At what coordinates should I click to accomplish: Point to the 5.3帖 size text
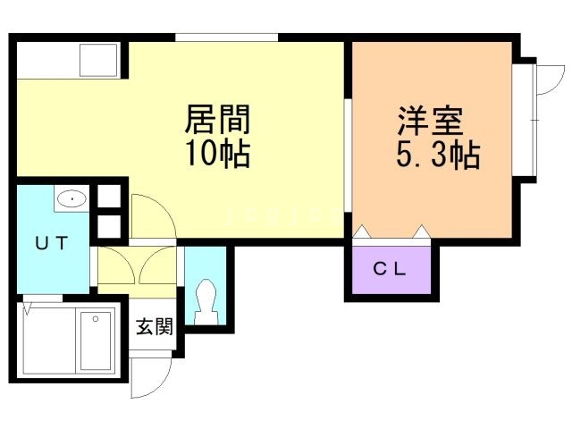point(437,157)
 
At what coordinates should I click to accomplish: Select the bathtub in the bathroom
point(96,340)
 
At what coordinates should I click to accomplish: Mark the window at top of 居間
point(227,37)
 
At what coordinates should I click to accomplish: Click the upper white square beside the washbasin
point(108,198)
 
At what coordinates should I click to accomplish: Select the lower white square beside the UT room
point(108,225)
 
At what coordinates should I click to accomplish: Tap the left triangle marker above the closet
point(362,231)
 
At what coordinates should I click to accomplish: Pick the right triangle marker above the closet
point(420,231)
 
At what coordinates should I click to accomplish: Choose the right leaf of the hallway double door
point(162,265)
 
